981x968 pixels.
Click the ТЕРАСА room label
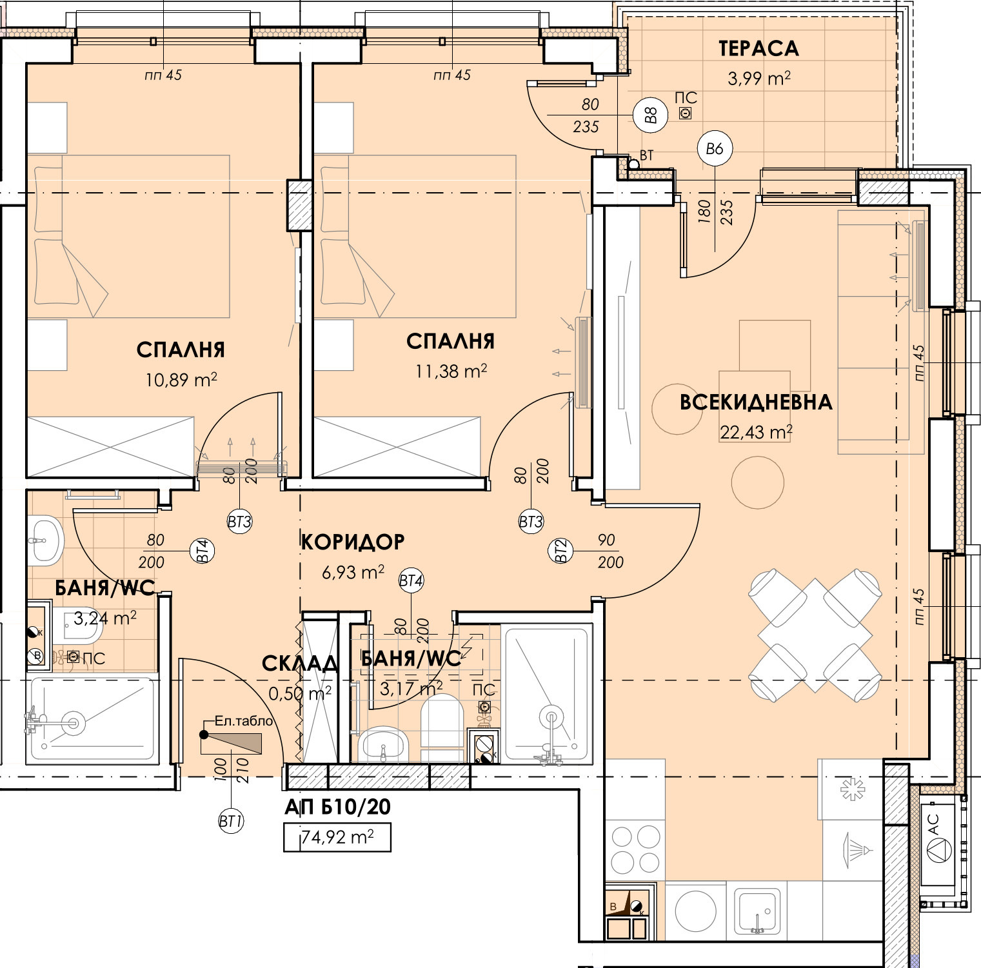(758, 48)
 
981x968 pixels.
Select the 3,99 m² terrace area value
(758, 79)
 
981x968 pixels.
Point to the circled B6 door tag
(715, 149)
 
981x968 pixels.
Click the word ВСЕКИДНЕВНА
(756, 402)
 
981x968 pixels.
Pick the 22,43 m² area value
(756, 432)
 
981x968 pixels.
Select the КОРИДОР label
(353, 542)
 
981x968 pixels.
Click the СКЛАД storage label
(299, 664)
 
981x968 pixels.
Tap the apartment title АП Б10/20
(337, 807)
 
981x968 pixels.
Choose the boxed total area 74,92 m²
(337, 838)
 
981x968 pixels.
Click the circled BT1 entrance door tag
(230, 822)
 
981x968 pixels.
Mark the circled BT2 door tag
(560, 551)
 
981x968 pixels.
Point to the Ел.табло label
(244, 721)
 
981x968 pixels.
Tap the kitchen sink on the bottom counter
(758, 911)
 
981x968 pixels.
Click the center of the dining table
(815, 635)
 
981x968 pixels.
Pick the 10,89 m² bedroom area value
(181, 380)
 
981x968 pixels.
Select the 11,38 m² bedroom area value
(451, 371)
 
